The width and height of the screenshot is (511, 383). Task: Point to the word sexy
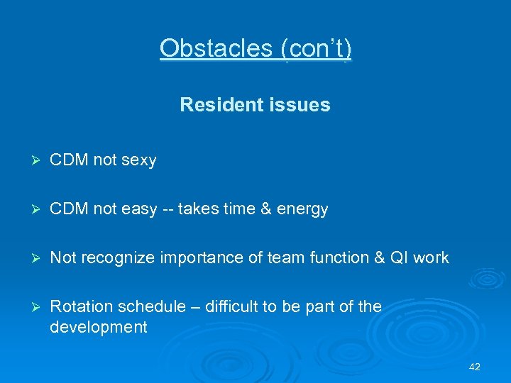pyautogui.click(x=139, y=160)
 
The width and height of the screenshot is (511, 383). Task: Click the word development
pyautogui.click(x=99, y=327)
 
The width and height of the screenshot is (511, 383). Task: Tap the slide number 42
pyautogui.click(x=475, y=367)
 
